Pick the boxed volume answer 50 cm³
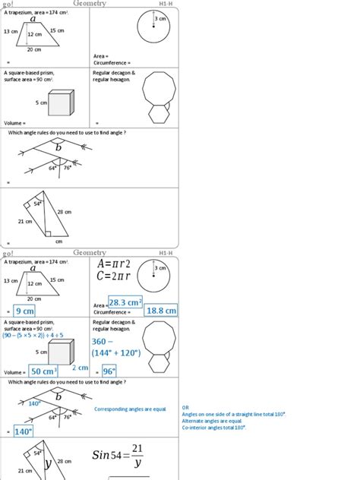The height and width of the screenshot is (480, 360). click(45, 371)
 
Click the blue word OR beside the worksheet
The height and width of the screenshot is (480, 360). click(185, 407)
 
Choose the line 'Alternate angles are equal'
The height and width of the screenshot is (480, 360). click(212, 420)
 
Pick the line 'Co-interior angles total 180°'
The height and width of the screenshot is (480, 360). click(214, 427)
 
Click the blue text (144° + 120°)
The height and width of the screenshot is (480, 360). click(118, 354)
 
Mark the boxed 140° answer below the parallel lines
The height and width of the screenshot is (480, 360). click(23, 431)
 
